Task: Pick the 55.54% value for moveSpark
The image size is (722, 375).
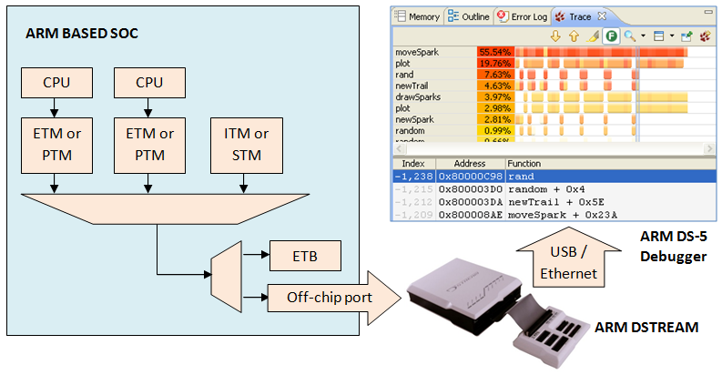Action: click(494, 53)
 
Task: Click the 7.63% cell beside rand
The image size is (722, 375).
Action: click(496, 75)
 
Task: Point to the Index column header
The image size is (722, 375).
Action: click(413, 163)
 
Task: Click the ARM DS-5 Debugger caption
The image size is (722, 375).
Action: click(672, 248)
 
